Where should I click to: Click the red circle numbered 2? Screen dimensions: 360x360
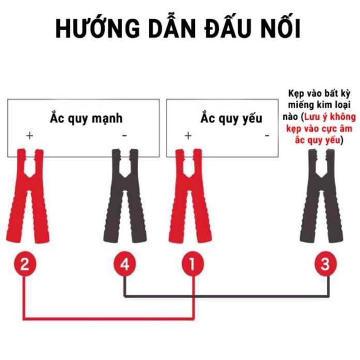[x=24, y=264]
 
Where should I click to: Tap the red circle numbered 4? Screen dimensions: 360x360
[x=125, y=264]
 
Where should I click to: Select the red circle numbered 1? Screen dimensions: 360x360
[x=192, y=264]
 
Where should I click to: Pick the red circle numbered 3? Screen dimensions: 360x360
[x=325, y=264]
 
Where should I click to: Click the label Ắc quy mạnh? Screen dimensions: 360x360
[x=86, y=118]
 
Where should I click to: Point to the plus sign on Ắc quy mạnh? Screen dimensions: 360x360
[x=29, y=136]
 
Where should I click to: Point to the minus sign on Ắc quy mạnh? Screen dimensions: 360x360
[x=124, y=136]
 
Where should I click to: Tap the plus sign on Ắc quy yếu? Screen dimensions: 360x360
[x=188, y=136]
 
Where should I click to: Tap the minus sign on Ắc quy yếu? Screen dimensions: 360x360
[x=267, y=136]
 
